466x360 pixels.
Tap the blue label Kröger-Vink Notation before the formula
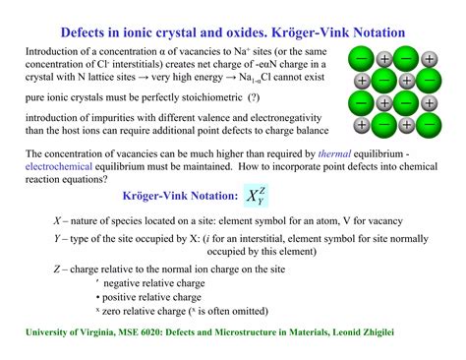(x=171, y=197)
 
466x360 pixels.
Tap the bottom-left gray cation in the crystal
(x=362, y=125)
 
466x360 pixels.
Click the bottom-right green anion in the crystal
(x=429, y=125)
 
